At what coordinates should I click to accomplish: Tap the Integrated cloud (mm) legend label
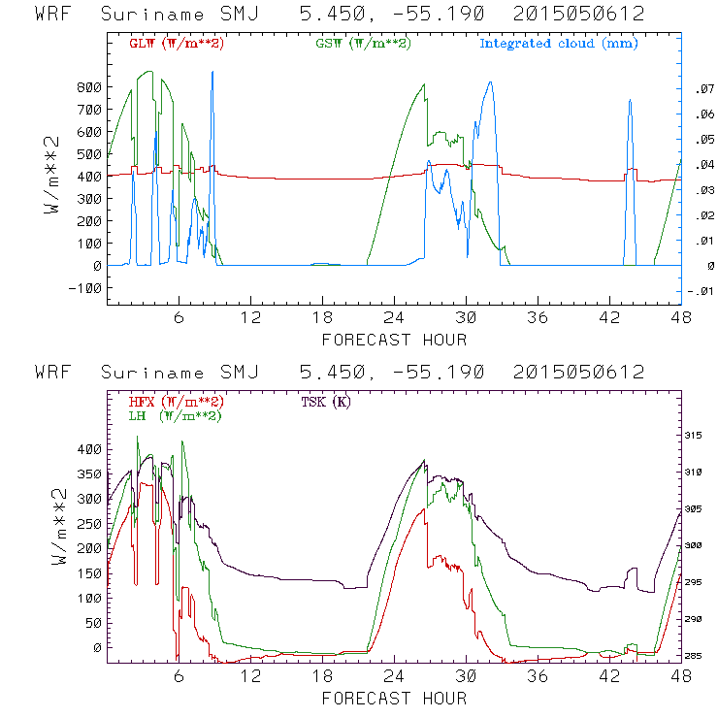coord(559,44)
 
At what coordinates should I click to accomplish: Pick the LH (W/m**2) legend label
coord(174,415)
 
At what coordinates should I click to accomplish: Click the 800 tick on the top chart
coord(89,87)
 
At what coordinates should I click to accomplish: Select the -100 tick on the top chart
coord(84,288)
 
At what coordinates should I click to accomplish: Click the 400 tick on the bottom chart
coord(89,449)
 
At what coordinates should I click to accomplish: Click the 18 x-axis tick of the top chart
coord(322,318)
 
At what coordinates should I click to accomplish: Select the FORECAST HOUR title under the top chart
coord(394,340)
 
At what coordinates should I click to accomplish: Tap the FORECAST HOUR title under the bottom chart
coord(394,699)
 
